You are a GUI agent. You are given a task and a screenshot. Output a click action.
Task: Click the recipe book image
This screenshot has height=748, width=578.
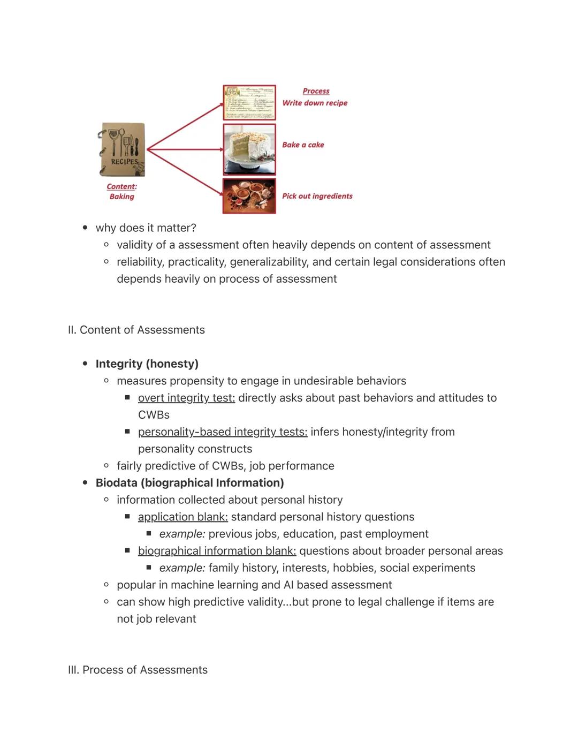pos(123,150)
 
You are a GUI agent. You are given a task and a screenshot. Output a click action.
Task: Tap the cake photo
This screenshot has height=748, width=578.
pos(249,149)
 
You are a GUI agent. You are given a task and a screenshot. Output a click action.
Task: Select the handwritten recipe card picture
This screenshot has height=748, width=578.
pos(249,102)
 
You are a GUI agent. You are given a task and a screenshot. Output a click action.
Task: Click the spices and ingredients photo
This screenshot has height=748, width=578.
pos(249,196)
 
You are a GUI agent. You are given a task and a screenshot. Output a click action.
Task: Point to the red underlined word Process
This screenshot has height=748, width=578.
pos(316,91)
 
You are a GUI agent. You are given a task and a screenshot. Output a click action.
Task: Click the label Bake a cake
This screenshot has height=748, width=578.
pos(303,145)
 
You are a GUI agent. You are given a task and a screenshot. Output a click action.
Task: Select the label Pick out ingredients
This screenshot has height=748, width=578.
pos(317,196)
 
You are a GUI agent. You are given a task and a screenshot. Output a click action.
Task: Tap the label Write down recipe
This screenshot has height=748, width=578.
pos(315,103)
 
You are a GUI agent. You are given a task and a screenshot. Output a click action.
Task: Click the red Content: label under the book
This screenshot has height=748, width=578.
pos(121,186)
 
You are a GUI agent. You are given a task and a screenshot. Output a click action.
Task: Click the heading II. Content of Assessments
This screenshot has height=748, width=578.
pos(136,330)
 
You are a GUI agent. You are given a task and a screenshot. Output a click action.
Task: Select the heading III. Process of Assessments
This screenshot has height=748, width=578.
pos(138,670)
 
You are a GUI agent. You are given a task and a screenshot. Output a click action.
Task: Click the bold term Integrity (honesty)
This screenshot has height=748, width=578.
pos(147,364)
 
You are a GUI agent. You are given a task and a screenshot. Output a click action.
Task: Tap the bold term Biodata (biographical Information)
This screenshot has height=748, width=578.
pos(189,482)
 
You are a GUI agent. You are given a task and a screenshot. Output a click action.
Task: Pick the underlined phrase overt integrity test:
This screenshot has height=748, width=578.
pos(186,398)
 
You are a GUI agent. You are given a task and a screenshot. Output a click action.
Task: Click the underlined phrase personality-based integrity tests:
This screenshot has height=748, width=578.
pos(222,432)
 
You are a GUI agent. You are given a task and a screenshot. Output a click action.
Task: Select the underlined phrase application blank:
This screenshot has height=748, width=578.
pos(182,517)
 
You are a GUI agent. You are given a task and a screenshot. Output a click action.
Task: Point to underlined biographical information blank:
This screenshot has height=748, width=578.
pos(217,550)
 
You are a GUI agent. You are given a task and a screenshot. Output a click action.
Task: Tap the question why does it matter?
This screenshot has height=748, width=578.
pos(146,228)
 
